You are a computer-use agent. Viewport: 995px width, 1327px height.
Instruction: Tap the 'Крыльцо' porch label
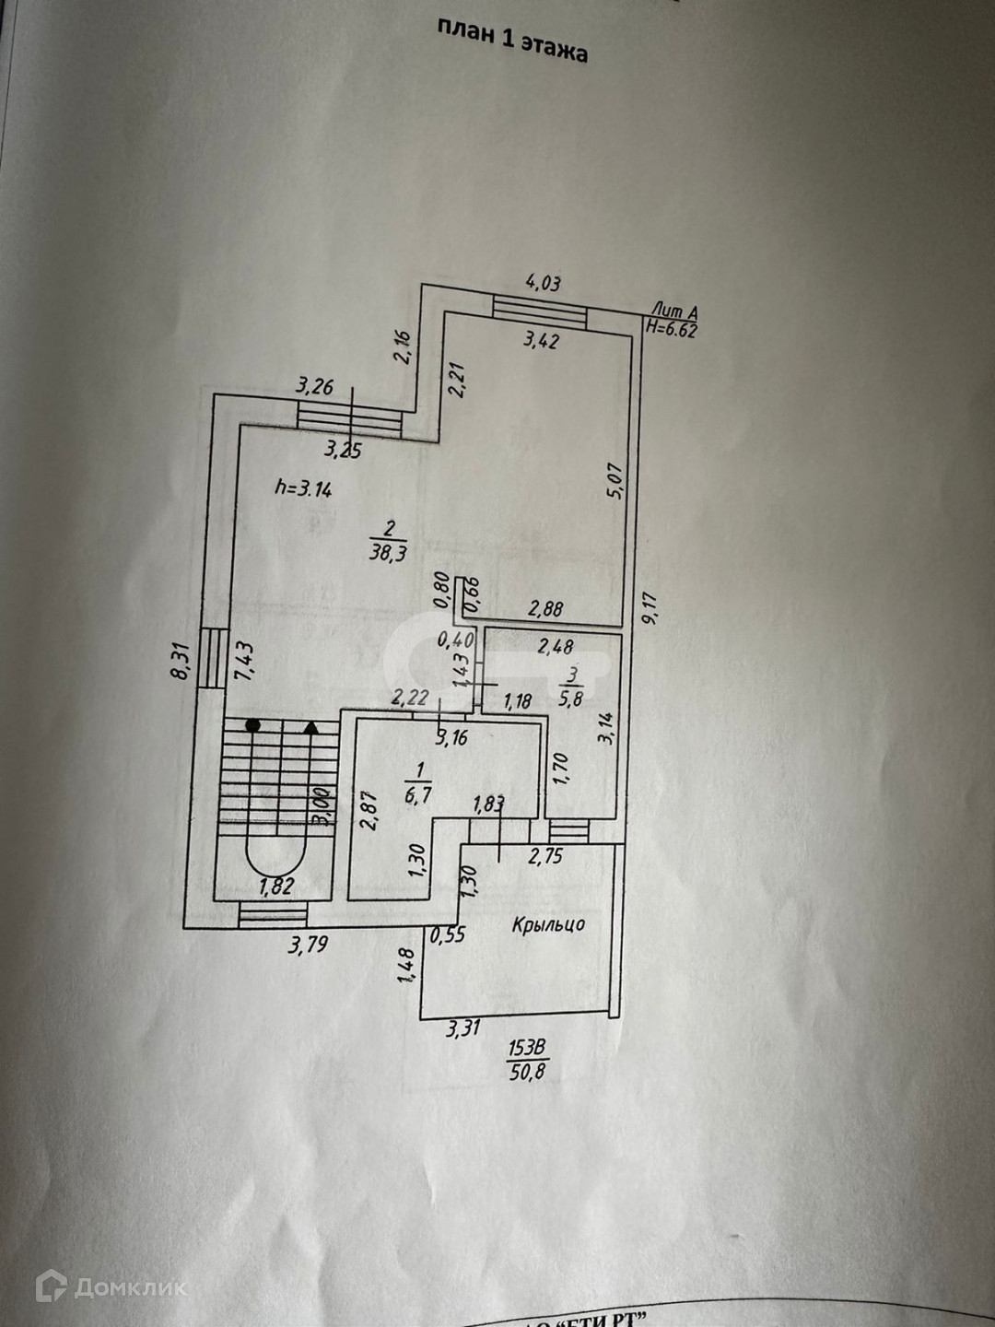click(548, 923)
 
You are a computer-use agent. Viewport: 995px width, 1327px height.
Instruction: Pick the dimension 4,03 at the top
click(542, 283)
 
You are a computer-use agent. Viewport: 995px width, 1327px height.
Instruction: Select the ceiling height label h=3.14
click(303, 489)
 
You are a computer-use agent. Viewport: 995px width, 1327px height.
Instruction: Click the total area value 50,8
click(528, 1071)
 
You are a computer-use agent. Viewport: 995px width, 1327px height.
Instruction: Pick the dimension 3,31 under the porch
click(463, 1030)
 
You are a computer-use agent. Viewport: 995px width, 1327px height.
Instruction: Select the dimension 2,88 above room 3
click(544, 609)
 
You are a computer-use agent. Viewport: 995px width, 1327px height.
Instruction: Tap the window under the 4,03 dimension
click(540, 311)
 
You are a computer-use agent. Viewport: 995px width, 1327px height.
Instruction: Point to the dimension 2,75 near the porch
click(545, 857)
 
